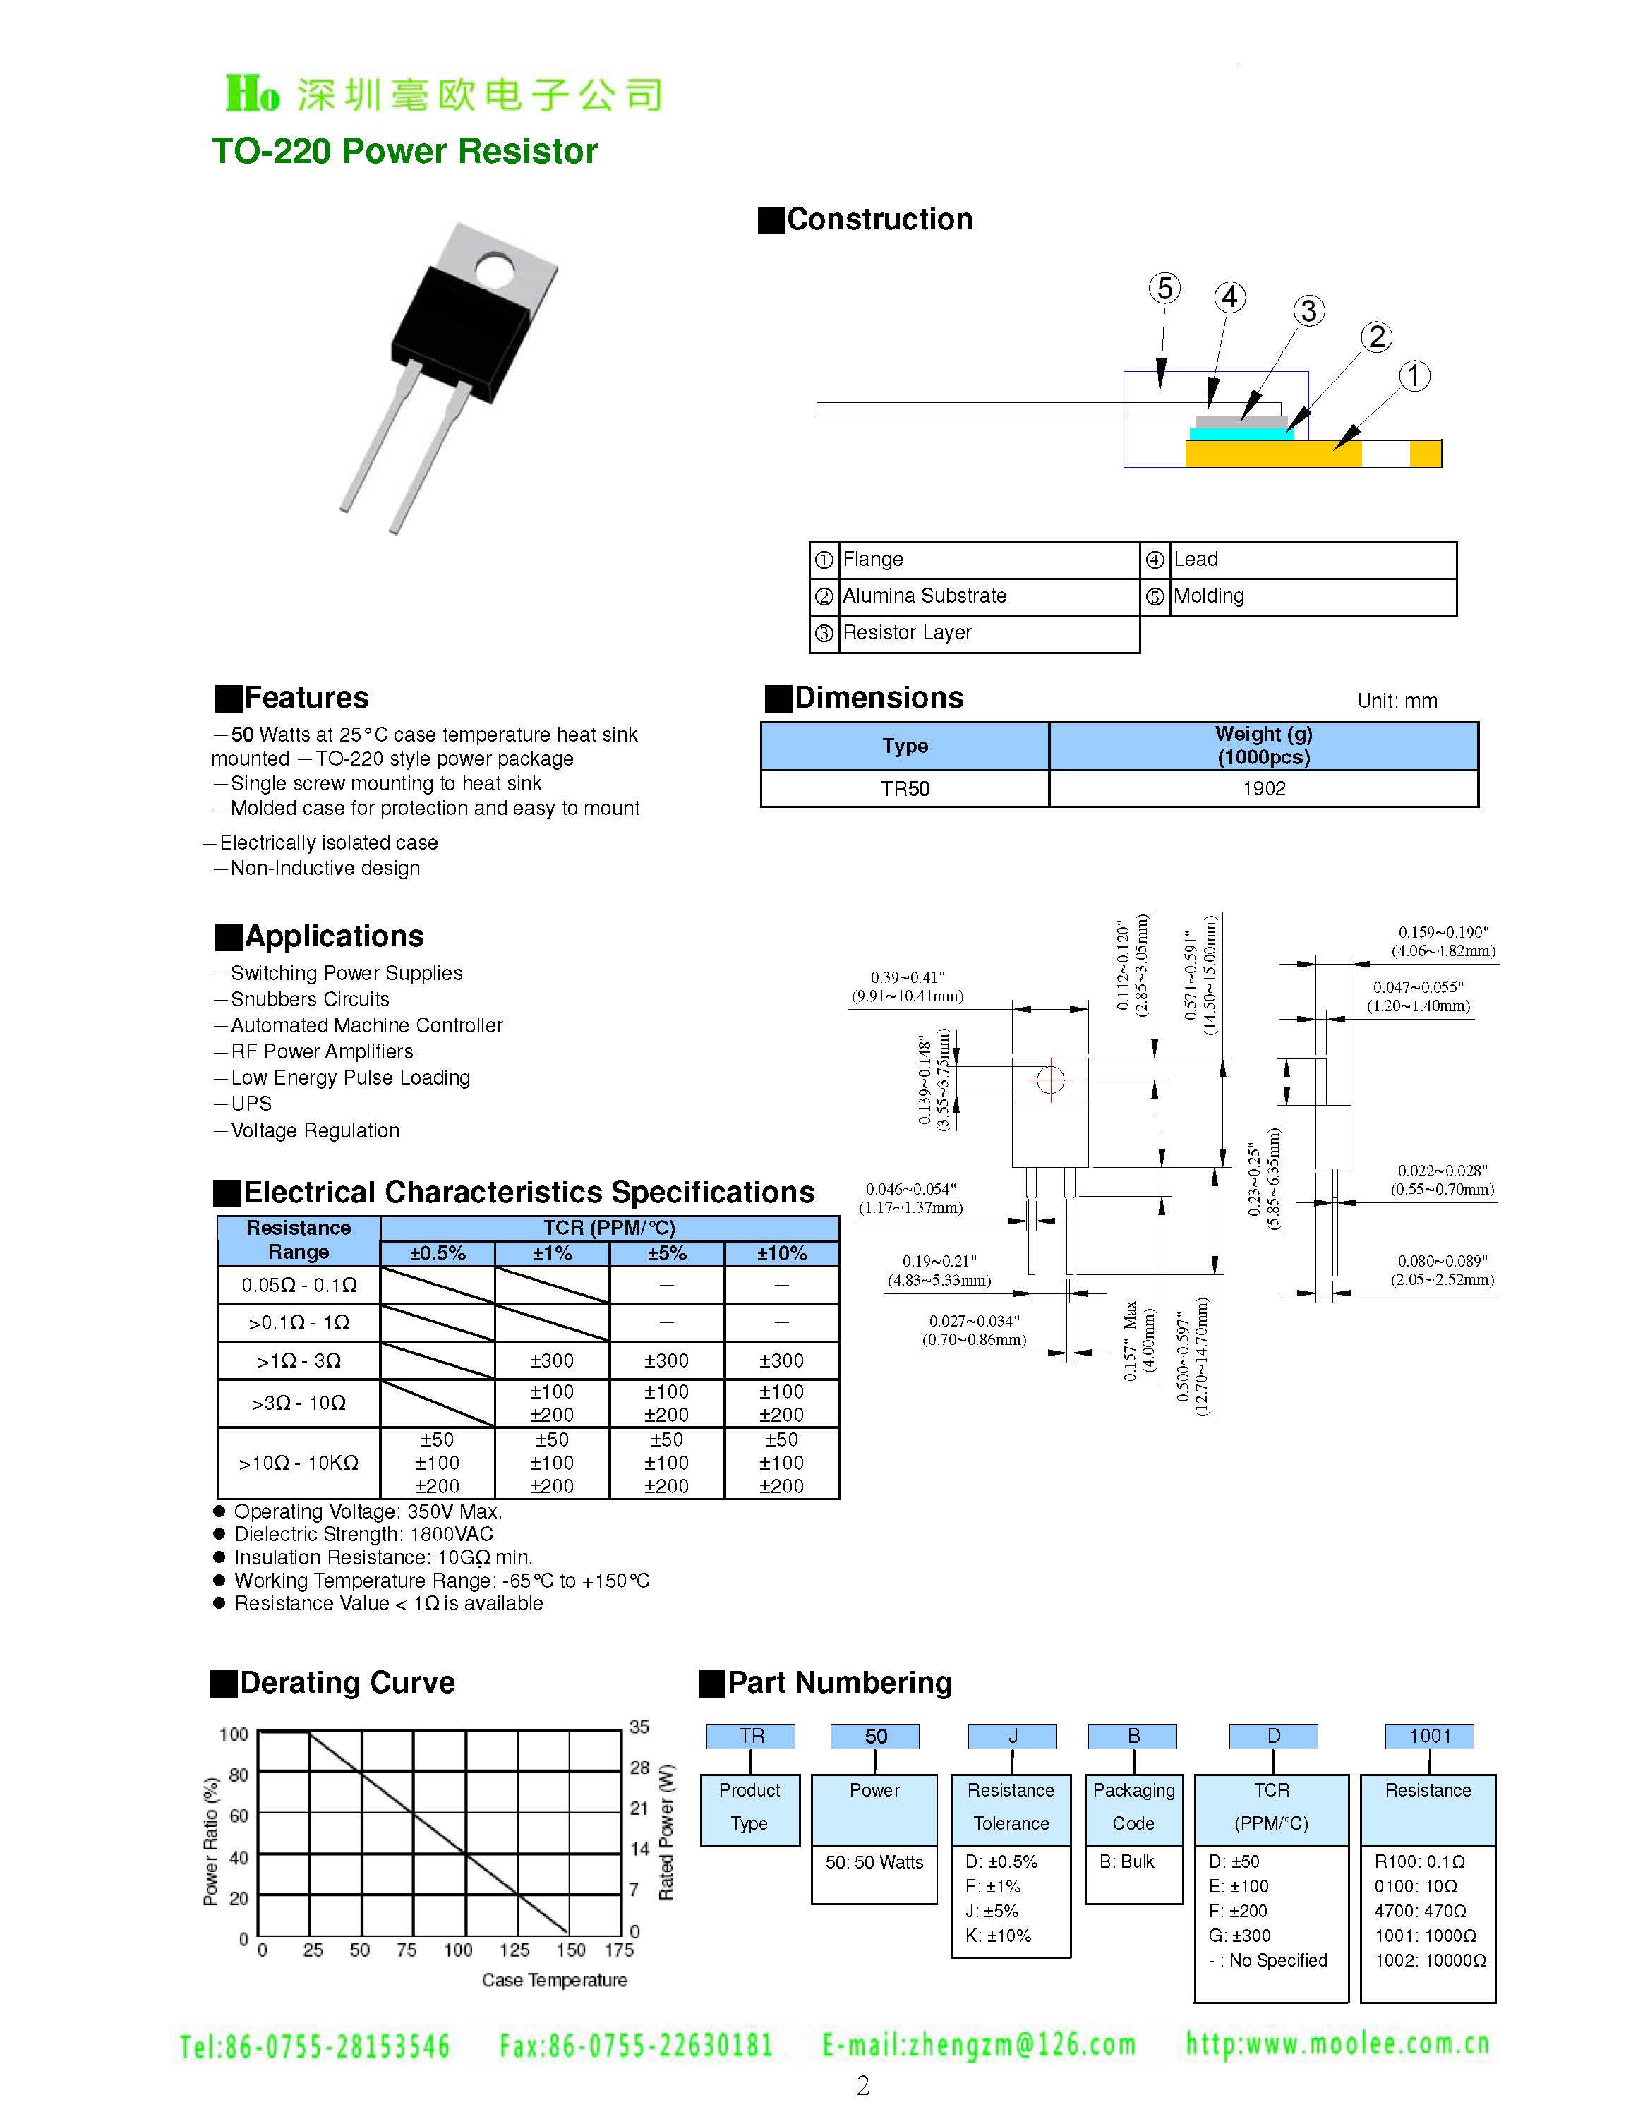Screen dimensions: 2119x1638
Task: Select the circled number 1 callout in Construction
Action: [1414, 375]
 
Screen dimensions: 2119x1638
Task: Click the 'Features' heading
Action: [306, 698]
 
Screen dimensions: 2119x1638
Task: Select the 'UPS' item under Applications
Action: [251, 1103]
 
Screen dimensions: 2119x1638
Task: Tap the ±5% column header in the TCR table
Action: [667, 1253]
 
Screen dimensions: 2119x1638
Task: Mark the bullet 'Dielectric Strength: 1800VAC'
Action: [363, 1534]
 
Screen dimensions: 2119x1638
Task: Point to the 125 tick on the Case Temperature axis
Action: [514, 1949]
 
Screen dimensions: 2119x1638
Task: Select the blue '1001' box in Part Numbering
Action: [1428, 1736]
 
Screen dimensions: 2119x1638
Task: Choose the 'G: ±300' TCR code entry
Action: [1239, 1936]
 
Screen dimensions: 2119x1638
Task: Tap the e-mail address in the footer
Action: [978, 2045]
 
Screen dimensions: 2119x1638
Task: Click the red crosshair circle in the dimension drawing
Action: [1050, 1079]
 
